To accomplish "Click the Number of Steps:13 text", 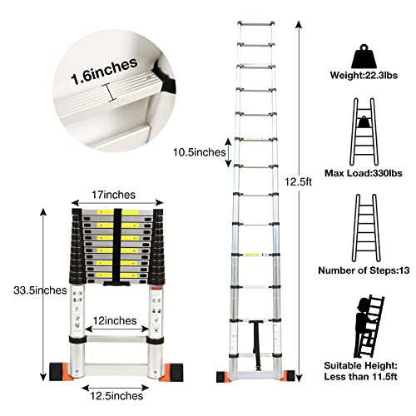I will (364, 270).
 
